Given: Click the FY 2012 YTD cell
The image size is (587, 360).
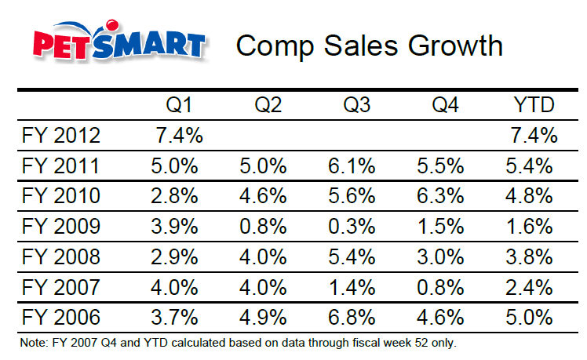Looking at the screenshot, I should click(x=533, y=135).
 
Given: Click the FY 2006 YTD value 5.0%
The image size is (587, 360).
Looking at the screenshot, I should click(x=533, y=318).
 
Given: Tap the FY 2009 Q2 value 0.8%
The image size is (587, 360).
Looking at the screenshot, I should click(x=267, y=227).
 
